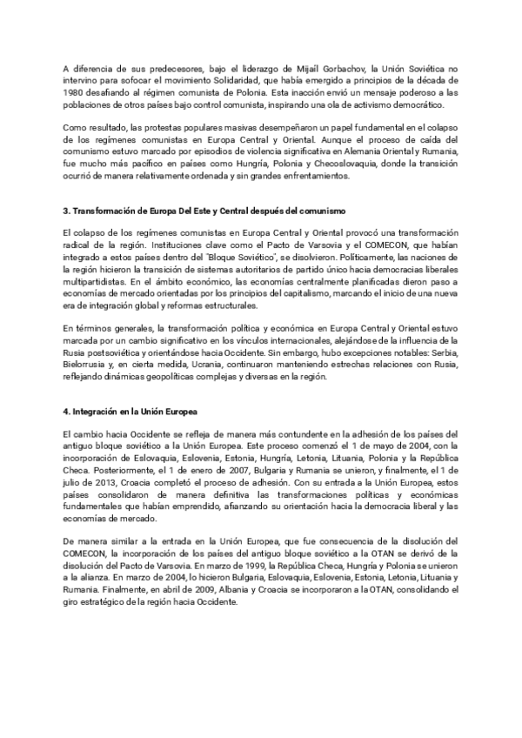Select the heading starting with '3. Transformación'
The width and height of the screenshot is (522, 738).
[204, 211]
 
